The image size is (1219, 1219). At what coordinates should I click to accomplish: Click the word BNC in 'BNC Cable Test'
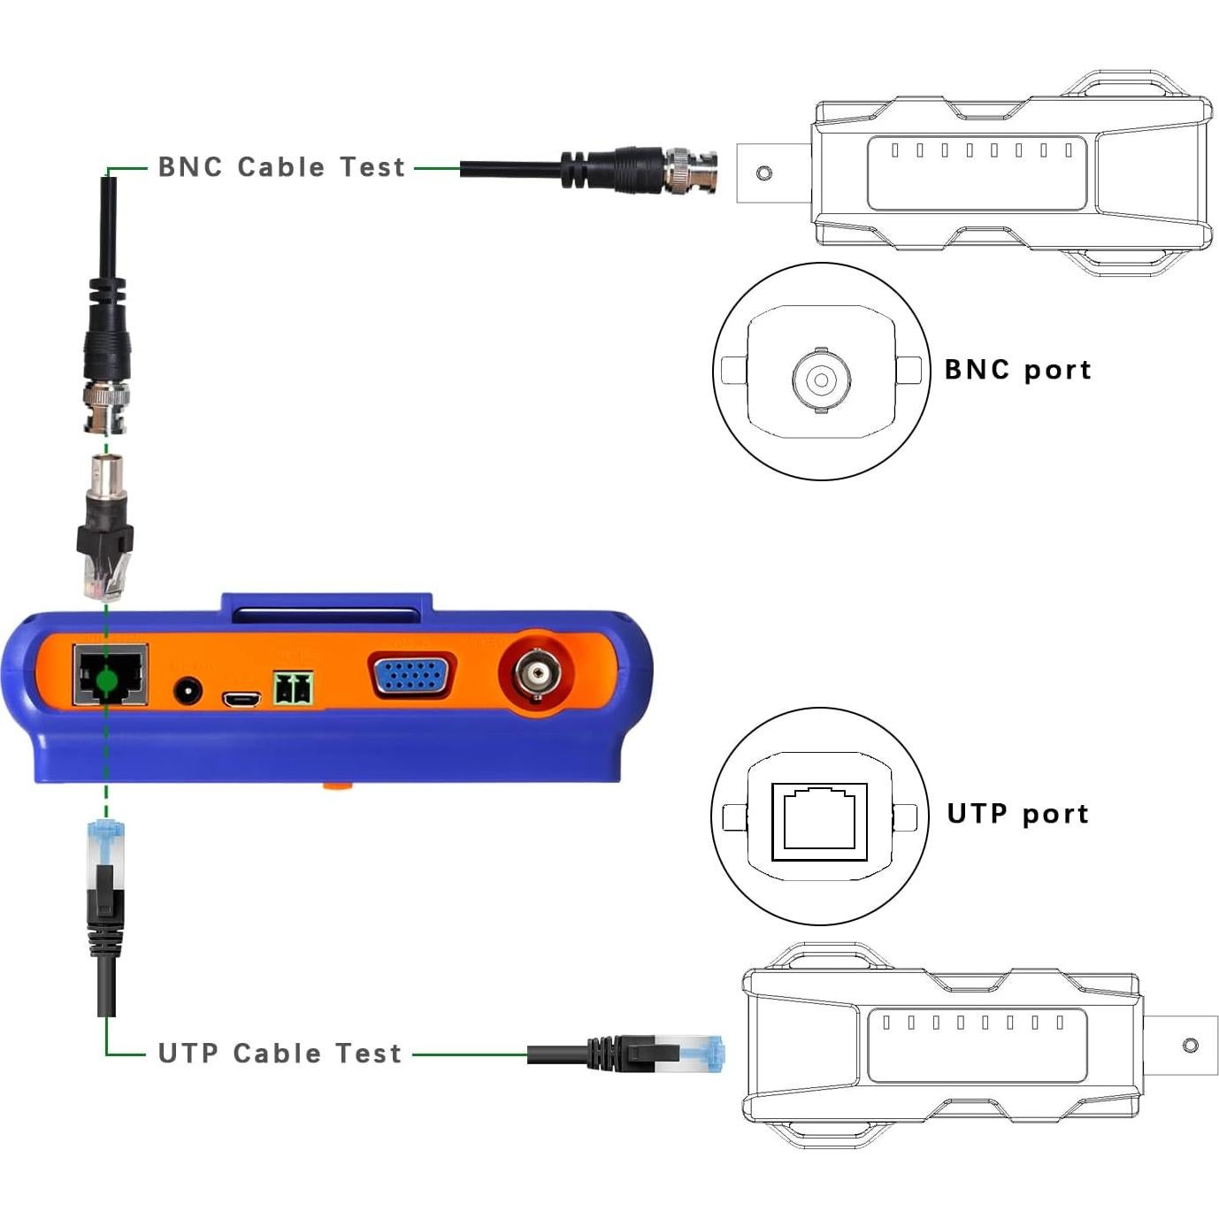coord(189,167)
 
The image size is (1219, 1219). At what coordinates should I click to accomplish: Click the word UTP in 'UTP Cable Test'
coord(187,1054)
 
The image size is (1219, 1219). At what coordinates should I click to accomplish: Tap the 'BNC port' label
coord(1017,370)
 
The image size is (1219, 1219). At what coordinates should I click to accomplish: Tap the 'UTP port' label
coord(1017,814)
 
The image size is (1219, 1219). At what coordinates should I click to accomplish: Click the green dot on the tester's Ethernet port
coord(106,680)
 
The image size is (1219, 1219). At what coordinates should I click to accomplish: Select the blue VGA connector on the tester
coord(411,678)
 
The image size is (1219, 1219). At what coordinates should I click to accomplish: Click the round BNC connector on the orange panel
coord(537,677)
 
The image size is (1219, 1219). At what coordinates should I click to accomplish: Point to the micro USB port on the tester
coord(241,700)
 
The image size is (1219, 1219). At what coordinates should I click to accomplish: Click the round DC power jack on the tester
coord(188,690)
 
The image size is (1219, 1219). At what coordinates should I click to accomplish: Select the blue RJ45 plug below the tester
coord(106,841)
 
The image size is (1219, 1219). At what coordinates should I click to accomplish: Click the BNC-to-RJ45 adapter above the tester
coord(105,526)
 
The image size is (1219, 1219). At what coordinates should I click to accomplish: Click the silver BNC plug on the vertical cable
coord(106,406)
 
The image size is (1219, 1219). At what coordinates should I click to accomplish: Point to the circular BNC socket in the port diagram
coord(821,379)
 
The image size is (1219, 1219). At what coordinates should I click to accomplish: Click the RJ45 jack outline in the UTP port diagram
coord(819,822)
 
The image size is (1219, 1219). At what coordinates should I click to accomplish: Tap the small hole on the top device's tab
coord(764,172)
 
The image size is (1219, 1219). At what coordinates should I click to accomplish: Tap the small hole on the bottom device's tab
coord(1190,1046)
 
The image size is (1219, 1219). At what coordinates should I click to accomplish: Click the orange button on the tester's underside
coord(337,785)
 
